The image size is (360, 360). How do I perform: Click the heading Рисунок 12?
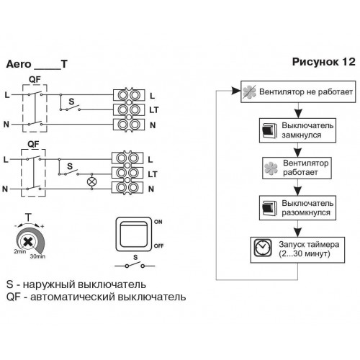coord(323,62)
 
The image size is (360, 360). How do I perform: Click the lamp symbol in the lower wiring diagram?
coord(91,181)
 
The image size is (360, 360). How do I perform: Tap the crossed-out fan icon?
coord(249,91)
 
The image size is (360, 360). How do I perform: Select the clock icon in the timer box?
coord(263,248)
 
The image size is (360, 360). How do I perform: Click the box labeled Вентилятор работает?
coord(297,168)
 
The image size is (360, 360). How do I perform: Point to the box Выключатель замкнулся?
coord(297,130)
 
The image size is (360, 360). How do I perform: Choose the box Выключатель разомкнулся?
coord(297,208)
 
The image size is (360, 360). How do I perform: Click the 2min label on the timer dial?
coord(20,251)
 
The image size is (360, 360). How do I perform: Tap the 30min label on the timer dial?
coord(37,256)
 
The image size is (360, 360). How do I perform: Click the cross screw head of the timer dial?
coord(28,241)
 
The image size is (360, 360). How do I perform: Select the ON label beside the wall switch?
coord(158,222)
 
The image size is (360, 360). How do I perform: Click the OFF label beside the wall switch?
coord(158,246)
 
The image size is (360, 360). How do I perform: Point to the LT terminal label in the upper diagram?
coord(154,110)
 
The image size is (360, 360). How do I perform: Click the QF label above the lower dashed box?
coord(33,144)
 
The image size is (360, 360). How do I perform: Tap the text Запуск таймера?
coord(309,245)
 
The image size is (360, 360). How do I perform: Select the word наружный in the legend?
coord(49,284)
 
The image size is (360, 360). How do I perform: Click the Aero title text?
coord(19,64)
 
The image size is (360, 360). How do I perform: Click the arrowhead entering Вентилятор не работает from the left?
coord(236,91)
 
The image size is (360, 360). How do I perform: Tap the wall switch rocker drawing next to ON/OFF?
coord(134,234)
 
